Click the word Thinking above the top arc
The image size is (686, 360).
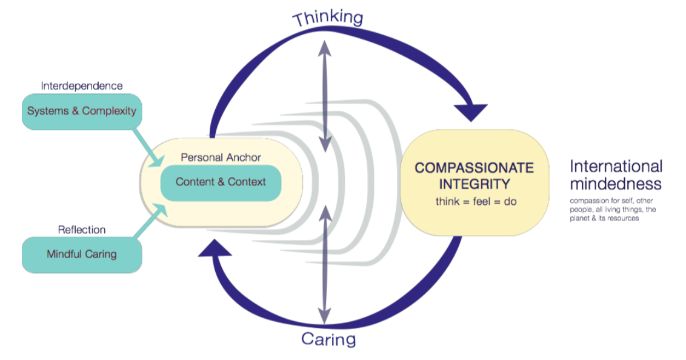tap(328, 17)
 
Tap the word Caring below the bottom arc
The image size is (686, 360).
tap(328, 338)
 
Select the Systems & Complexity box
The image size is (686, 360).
tap(82, 112)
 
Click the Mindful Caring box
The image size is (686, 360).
tap(82, 255)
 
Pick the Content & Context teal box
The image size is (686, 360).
tap(221, 182)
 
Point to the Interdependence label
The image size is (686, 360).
tap(81, 86)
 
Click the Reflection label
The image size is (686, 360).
tap(81, 230)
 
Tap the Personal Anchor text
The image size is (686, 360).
tap(221, 158)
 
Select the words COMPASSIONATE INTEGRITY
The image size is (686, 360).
tap(475, 175)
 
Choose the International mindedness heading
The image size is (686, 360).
tap(616, 175)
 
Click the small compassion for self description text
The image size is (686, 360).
tap(613, 209)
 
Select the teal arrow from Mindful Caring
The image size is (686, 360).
tap(150, 222)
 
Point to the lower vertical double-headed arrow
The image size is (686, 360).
tap(325, 264)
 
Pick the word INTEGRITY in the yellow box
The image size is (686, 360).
tap(475, 183)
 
